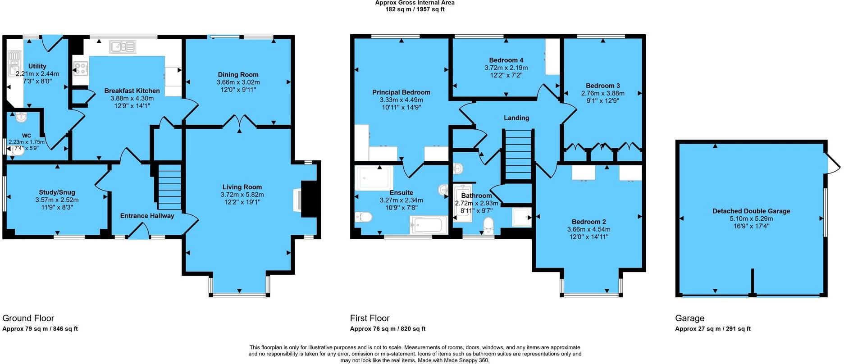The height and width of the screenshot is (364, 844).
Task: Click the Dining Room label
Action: [238, 75]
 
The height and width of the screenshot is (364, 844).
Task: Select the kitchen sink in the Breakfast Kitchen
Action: [122, 46]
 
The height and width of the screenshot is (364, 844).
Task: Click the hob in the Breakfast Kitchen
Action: [82, 68]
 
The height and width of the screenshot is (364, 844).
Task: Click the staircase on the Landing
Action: [518, 155]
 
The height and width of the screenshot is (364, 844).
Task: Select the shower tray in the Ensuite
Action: [374, 177]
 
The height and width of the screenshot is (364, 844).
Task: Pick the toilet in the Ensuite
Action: [363, 218]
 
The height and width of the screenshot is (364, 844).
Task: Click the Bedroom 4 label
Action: [506, 60]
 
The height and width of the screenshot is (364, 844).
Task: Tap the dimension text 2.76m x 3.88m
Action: [602, 93]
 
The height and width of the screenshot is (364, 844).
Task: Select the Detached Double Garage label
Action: [751, 211]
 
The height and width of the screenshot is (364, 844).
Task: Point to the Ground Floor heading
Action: [28, 318]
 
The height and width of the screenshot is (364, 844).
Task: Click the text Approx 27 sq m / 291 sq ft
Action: [712, 329]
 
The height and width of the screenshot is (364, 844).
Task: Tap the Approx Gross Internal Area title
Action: [415, 3]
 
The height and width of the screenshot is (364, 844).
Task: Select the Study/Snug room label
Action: [57, 192]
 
